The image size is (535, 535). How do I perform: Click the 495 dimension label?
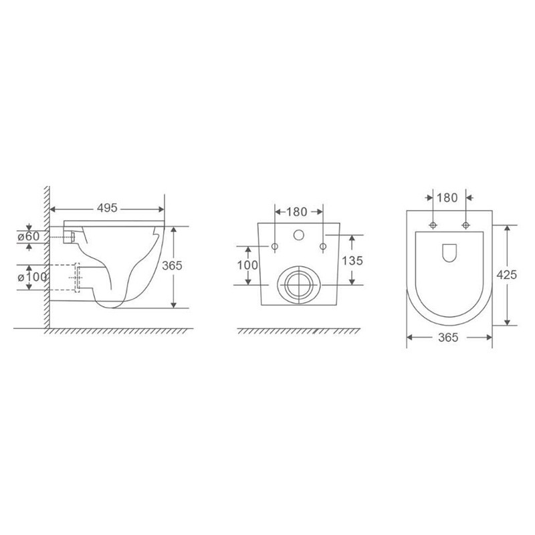pyautogui.click(x=107, y=208)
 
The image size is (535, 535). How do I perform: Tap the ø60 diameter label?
pyautogui.click(x=29, y=236)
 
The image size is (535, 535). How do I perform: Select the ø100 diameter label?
pyautogui.click(x=32, y=277)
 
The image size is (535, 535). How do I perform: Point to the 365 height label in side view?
pyautogui.click(x=172, y=265)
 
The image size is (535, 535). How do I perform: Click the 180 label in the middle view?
pyautogui.click(x=296, y=212)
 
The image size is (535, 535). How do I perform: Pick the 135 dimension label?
pyautogui.click(x=352, y=261)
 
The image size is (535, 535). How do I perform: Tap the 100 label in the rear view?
pyautogui.click(x=247, y=265)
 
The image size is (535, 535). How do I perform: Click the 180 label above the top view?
pyautogui.click(x=447, y=197)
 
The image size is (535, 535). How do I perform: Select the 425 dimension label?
pyautogui.click(x=507, y=275)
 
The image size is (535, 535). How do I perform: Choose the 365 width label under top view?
pyautogui.click(x=448, y=338)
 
